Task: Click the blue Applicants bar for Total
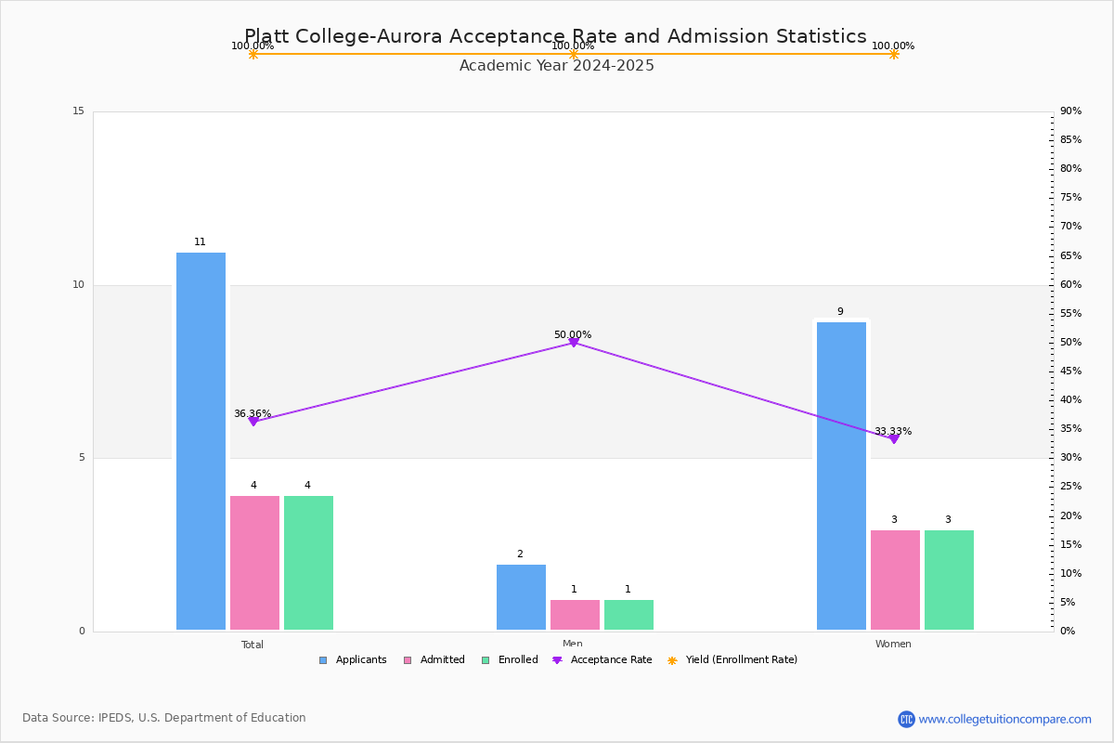[201, 441]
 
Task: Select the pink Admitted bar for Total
[254, 563]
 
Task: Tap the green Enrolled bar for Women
[949, 580]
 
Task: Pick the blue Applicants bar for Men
[521, 597]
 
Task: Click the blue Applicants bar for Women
[841, 476]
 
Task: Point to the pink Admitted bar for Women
[895, 580]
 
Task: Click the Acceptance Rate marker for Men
[573, 343]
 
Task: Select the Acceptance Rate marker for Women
[894, 438]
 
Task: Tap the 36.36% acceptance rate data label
[253, 414]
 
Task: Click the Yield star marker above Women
[894, 54]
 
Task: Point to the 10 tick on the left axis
[78, 285]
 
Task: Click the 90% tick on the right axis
[1070, 111]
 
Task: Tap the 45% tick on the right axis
[1070, 371]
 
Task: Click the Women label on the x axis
[893, 645]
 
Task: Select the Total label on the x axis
[253, 645]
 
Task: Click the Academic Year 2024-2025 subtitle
[557, 66]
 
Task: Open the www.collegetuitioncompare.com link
[1004, 719]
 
